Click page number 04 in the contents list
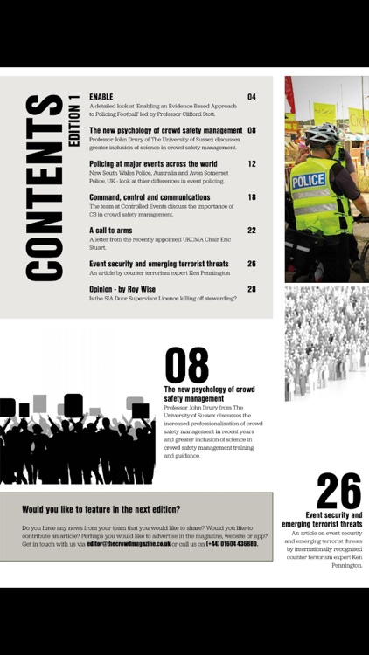coord(252,97)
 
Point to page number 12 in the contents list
coord(252,163)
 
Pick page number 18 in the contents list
coord(252,197)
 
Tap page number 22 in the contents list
coord(252,231)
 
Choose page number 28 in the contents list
coord(252,288)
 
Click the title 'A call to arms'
coord(110,231)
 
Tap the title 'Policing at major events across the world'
coord(153,163)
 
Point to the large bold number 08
coord(186,366)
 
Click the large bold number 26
coord(338,492)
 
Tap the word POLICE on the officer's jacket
coord(309,180)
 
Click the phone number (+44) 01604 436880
coord(232,543)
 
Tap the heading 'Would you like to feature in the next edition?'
coord(101,509)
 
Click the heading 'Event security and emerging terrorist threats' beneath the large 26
coord(322,520)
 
